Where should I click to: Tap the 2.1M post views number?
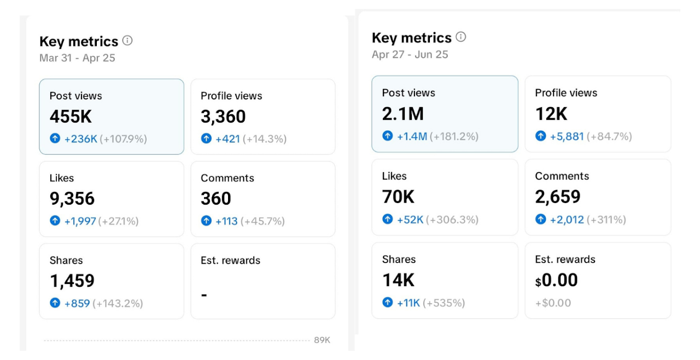tap(402, 114)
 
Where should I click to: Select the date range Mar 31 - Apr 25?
tap(77, 58)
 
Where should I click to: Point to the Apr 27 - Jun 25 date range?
tap(410, 54)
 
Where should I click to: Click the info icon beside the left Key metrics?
tap(127, 40)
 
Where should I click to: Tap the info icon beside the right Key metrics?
tap(461, 37)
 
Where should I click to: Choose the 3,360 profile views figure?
tap(223, 117)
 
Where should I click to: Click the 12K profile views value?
tap(551, 114)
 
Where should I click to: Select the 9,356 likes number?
tap(72, 199)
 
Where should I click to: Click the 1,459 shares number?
tap(72, 281)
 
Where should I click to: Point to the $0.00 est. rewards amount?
tap(556, 280)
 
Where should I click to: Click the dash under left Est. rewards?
tap(204, 295)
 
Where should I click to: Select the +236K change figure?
tap(80, 139)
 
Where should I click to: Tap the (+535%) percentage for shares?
tap(444, 303)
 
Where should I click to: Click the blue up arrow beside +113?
tap(206, 221)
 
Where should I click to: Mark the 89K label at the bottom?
tap(322, 340)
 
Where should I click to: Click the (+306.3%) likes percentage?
tap(452, 219)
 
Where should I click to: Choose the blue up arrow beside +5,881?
tap(540, 136)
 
